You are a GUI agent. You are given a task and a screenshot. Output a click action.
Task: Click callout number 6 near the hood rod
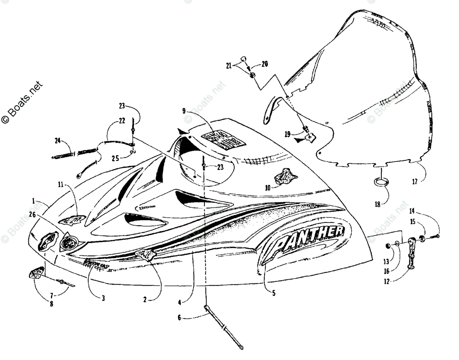click(179, 317)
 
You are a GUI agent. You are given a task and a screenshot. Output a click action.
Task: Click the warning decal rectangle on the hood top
click(224, 141)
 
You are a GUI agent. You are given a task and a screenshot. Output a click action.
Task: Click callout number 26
click(32, 215)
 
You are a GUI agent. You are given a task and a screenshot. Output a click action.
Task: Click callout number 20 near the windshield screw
click(265, 64)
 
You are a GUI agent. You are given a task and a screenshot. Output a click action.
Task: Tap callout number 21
click(229, 66)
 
